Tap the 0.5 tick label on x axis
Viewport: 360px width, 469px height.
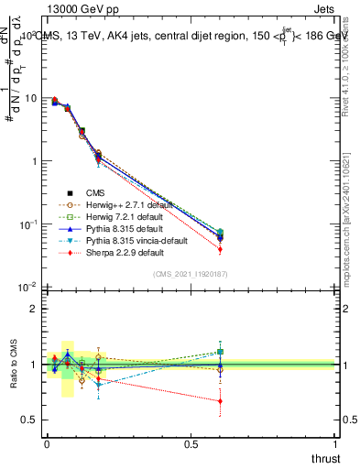click(x=191, y=443)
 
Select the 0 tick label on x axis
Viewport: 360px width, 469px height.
click(x=47, y=443)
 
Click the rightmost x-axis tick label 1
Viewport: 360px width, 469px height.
click(x=336, y=443)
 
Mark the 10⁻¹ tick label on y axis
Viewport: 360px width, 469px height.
click(x=28, y=224)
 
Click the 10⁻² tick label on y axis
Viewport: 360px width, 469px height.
click(x=28, y=288)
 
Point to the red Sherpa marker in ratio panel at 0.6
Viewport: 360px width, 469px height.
click(x=220, y=401)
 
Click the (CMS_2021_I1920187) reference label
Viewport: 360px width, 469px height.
click(x=191, y=275)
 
